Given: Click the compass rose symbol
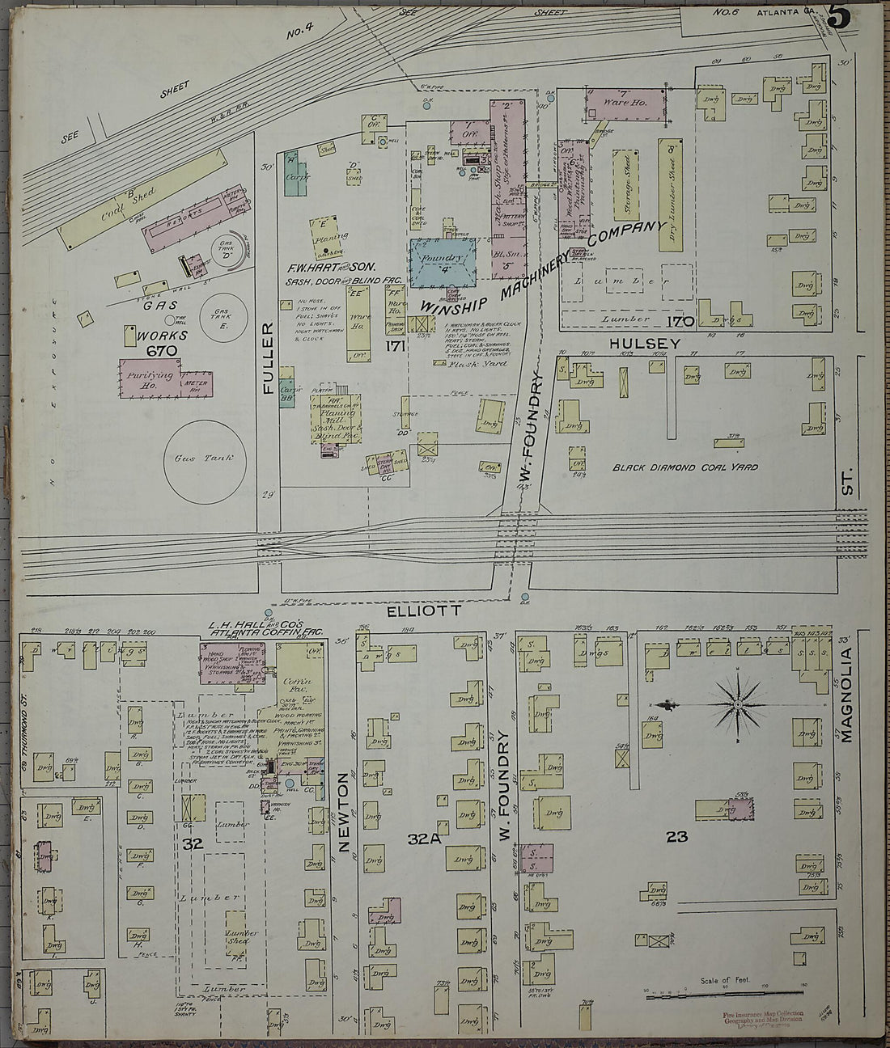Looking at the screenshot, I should (x=737, y=704).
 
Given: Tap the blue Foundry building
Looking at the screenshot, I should (x=444, y=262).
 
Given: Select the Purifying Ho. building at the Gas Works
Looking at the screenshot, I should (x=150, y=378).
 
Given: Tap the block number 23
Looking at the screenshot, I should (x=676, y=837).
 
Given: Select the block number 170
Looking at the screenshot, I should (x=680, y=322).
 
